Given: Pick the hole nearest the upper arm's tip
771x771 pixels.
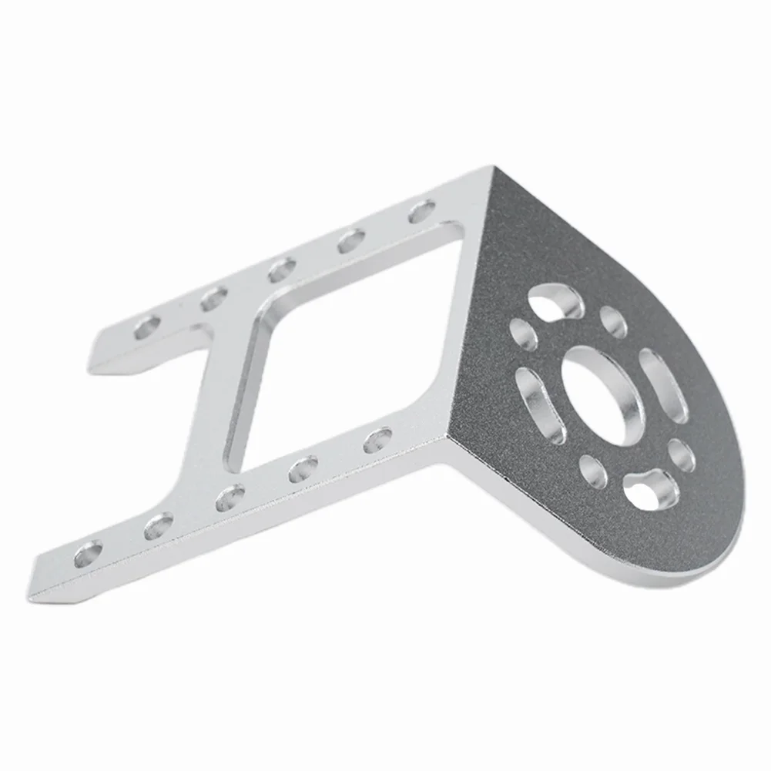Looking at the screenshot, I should click(x=146, y=327).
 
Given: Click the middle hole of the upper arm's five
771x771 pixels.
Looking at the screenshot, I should click(x=282, y=270).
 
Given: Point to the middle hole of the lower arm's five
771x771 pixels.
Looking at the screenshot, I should click(x=229, y=497).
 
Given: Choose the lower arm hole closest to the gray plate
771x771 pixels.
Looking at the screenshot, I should click(x=376, y=441).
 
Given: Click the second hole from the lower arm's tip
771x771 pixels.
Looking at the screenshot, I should click(x=158, y=526).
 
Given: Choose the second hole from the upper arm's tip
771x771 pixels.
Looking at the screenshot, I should click(x=213, y=298).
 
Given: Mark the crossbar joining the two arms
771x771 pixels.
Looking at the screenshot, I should click(x=231, y=385).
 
